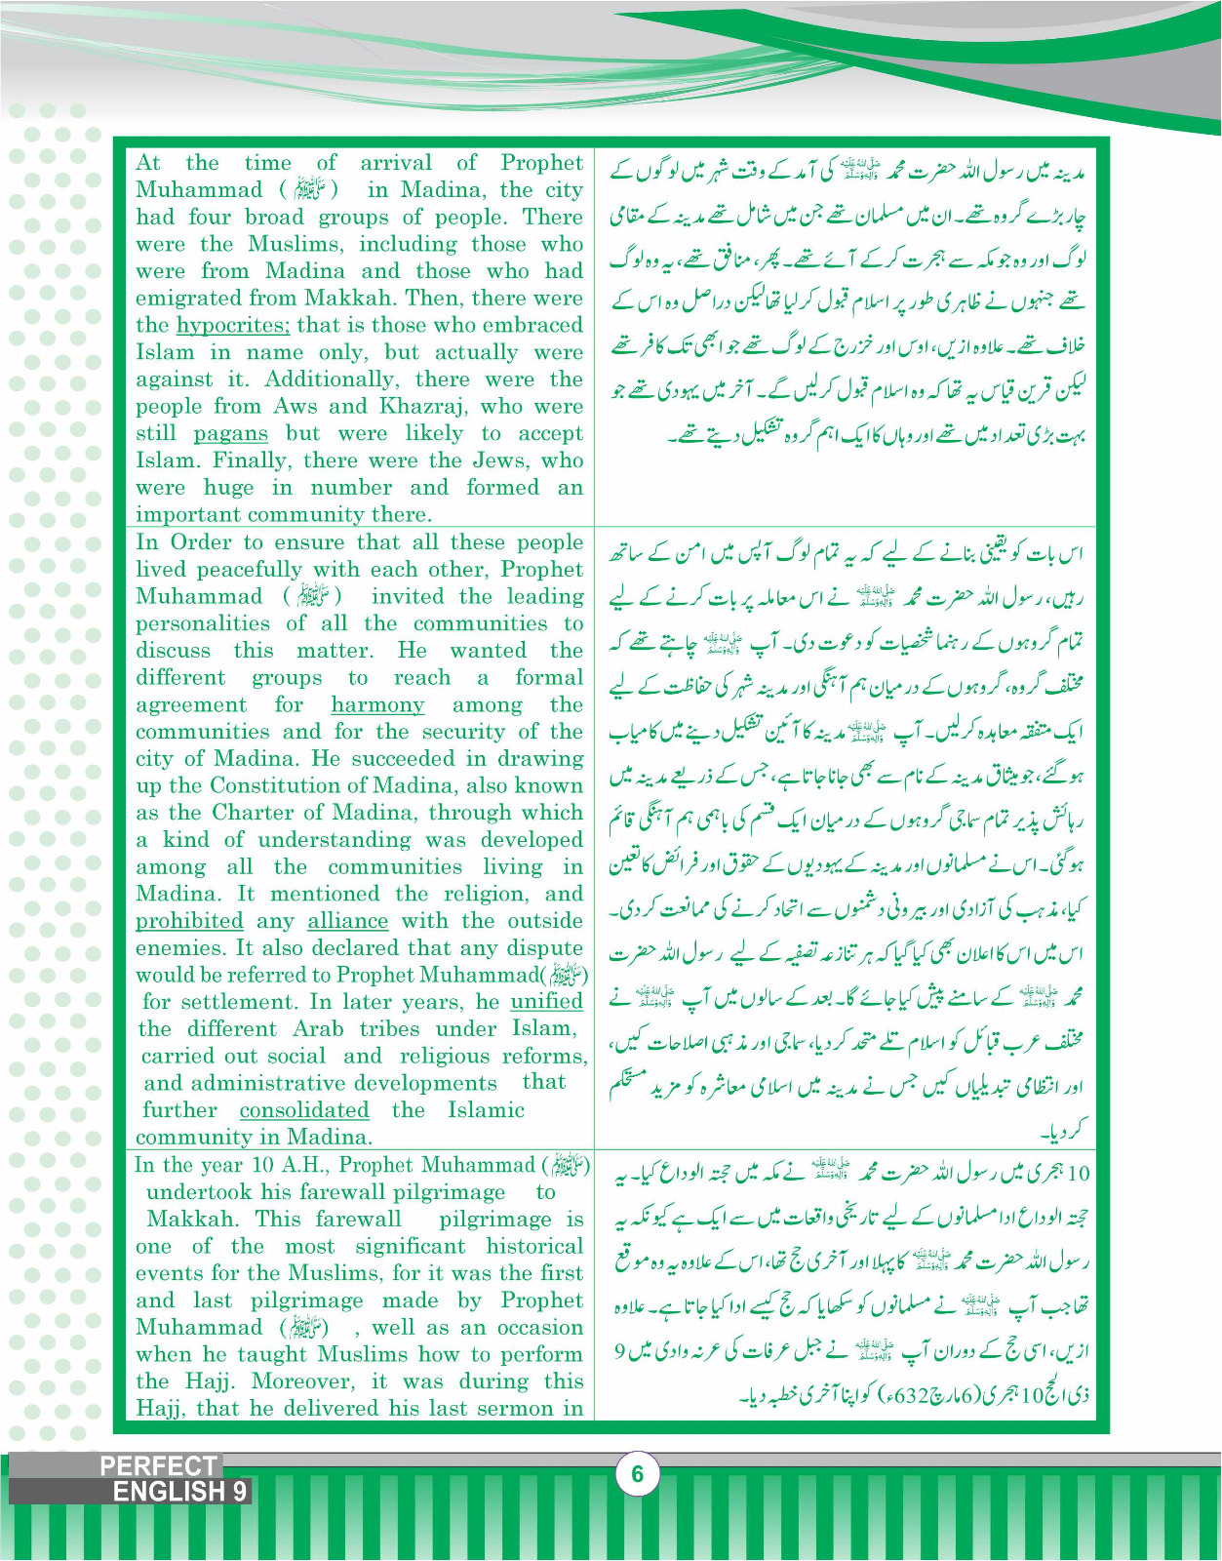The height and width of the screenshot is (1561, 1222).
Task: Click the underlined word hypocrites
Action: pyautogui.click(x=232, y=326)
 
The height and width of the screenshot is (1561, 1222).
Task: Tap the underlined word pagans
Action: pyautogui.click(x=230, y=434)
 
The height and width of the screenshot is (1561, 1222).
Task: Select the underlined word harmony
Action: pyautogui.click(x=377, y=705)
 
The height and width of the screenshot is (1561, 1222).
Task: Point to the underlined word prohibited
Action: pyautogui.click(x=189, y=922)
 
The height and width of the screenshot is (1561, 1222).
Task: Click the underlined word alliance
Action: pyautogui.click(x=347, y=922)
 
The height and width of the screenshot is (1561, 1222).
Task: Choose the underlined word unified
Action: pyautogui.click(x=546, y=1002)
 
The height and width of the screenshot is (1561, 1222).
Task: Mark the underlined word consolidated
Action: pyautogui.click(x=304, y=1110)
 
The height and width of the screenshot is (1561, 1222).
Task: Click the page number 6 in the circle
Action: pyautogui.click(x=638, y=1473)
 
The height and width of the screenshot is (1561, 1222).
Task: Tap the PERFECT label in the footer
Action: pyautogui.click(x=158, y=1465)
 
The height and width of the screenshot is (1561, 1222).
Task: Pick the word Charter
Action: pyautogui.click(x=253, y=813)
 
